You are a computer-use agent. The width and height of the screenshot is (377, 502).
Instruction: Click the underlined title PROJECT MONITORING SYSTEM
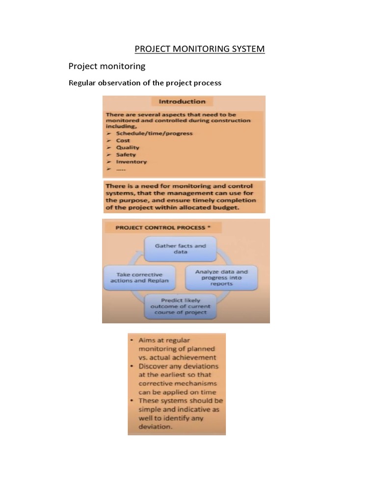[200, 49]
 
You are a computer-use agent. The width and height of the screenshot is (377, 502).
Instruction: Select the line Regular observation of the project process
[144, 83]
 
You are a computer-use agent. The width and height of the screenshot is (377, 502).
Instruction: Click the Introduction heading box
[182, 101]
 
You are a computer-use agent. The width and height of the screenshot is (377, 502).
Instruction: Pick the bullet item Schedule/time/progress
[154, 133]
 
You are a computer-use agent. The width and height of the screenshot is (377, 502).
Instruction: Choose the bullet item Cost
[123, 140]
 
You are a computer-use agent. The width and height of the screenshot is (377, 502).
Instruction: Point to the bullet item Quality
[128, 148]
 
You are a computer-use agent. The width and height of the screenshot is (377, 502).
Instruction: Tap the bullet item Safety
[126, 155]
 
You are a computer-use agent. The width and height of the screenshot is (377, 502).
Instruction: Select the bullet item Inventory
[131, 162]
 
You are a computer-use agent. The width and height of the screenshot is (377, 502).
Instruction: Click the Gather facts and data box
[180, 249]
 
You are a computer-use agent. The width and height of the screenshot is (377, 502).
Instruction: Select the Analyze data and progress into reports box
[221, 277]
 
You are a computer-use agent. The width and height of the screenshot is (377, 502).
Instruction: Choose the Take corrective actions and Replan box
[139, 277]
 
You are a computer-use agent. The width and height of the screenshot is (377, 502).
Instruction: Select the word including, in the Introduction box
[121, 126]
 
